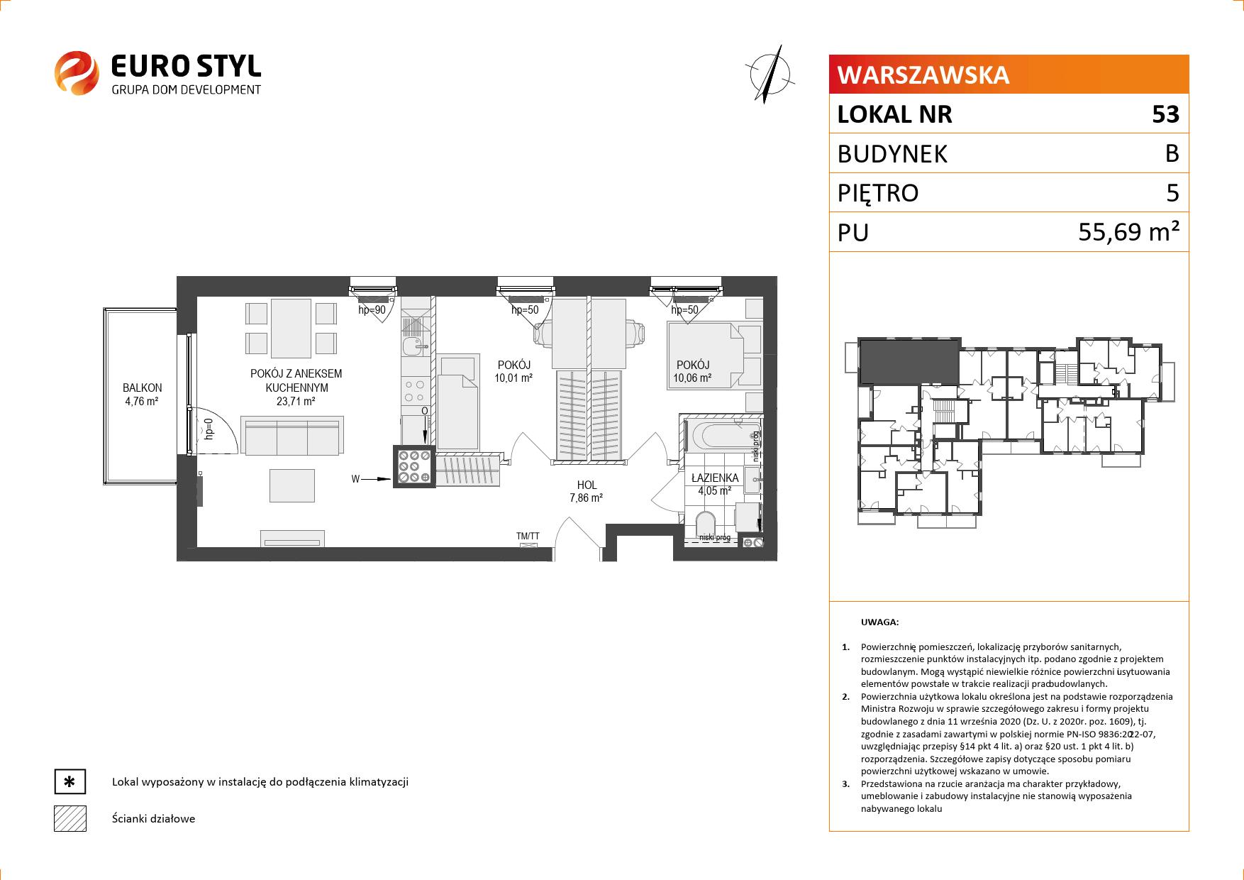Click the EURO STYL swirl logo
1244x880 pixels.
point(77,72)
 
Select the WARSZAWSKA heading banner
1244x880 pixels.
point(1009,75)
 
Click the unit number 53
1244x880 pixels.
point(1165,114)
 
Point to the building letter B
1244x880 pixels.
point(1172,153)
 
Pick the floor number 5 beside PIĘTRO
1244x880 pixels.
point(1172,193)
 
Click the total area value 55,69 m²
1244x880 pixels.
point(1129,232)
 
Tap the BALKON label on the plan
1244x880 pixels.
point(142,388)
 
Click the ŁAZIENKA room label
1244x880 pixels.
point(715,478)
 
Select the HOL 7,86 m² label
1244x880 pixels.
point(586,492)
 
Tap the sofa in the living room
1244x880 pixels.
point(292,435)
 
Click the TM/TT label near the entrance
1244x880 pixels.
point(528,537)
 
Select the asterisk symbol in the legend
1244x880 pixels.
point(70,782)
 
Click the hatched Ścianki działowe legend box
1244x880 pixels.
point(70,818)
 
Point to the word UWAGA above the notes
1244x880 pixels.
point(879,622)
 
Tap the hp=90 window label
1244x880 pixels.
point(372,310)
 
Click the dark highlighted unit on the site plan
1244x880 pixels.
point(909,360)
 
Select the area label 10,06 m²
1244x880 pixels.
point(692,378)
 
